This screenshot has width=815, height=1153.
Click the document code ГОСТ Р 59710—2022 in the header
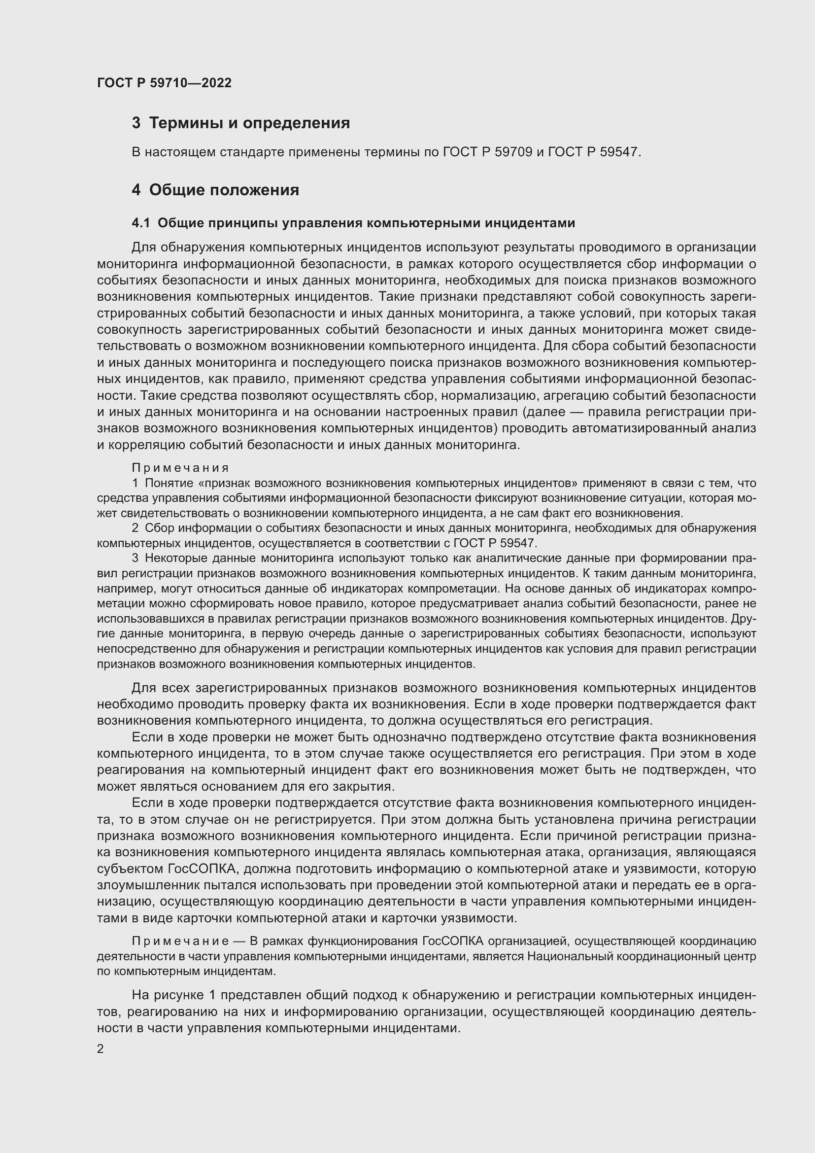[x=164, y=83]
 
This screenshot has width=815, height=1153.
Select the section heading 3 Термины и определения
[x=241, y=123]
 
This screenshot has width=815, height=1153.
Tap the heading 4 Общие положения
[x=215, y=190]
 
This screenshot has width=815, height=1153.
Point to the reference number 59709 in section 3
[x=513, y=152]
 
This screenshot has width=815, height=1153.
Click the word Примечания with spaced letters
[x=180, y=468]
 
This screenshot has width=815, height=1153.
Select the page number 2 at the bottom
[x=101, y=1049]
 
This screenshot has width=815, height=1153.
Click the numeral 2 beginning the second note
[x=135, y=528]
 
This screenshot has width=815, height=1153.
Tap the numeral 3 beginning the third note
[x=135, y=558]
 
